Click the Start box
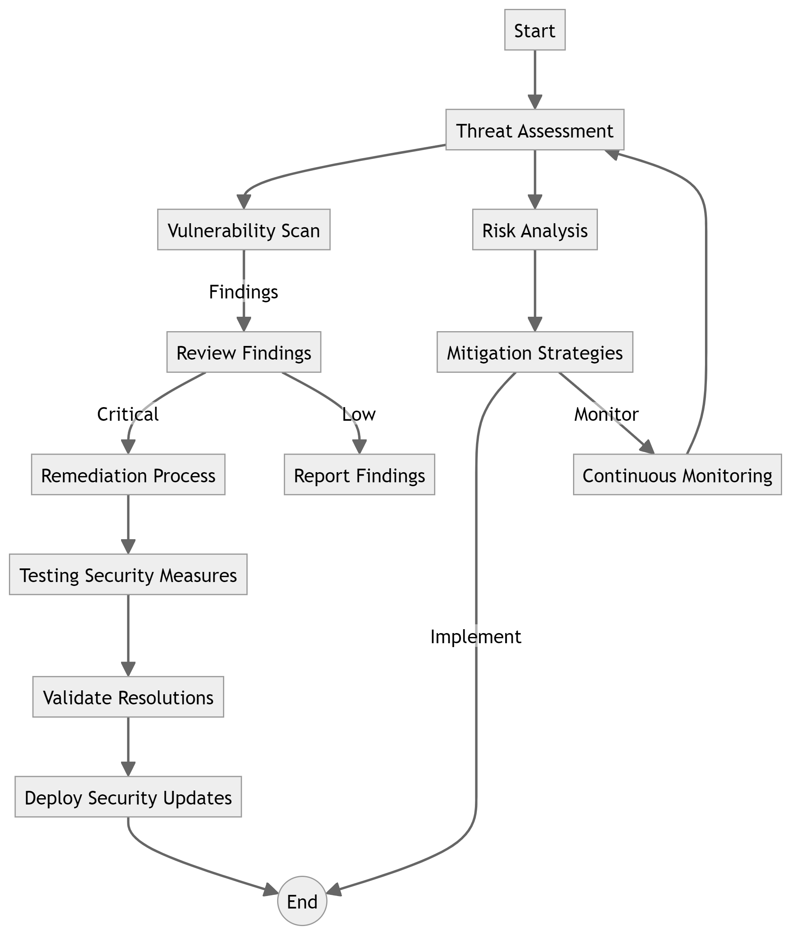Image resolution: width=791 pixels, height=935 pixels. (534, 30)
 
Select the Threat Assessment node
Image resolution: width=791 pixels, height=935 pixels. (534, 130)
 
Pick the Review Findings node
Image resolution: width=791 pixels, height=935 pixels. (243, 352)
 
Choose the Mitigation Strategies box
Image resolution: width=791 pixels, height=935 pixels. (534, 352)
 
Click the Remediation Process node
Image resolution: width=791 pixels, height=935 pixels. (128, 475)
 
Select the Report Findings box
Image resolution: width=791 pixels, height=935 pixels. (359, 475)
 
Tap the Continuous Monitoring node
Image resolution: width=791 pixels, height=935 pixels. (677, 475)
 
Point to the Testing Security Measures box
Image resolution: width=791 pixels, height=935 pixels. (128, 575)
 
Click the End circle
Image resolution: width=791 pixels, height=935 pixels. (302, 901)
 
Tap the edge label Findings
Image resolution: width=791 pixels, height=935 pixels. (243, 292)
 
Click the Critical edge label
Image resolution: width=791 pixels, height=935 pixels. (128, 414)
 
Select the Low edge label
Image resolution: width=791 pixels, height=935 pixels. (359, 414)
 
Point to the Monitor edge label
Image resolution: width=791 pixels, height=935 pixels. (606, 414)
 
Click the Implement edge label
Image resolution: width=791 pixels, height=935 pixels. (476, 637)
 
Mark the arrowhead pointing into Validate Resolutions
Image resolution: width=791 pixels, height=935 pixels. (128, 670)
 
